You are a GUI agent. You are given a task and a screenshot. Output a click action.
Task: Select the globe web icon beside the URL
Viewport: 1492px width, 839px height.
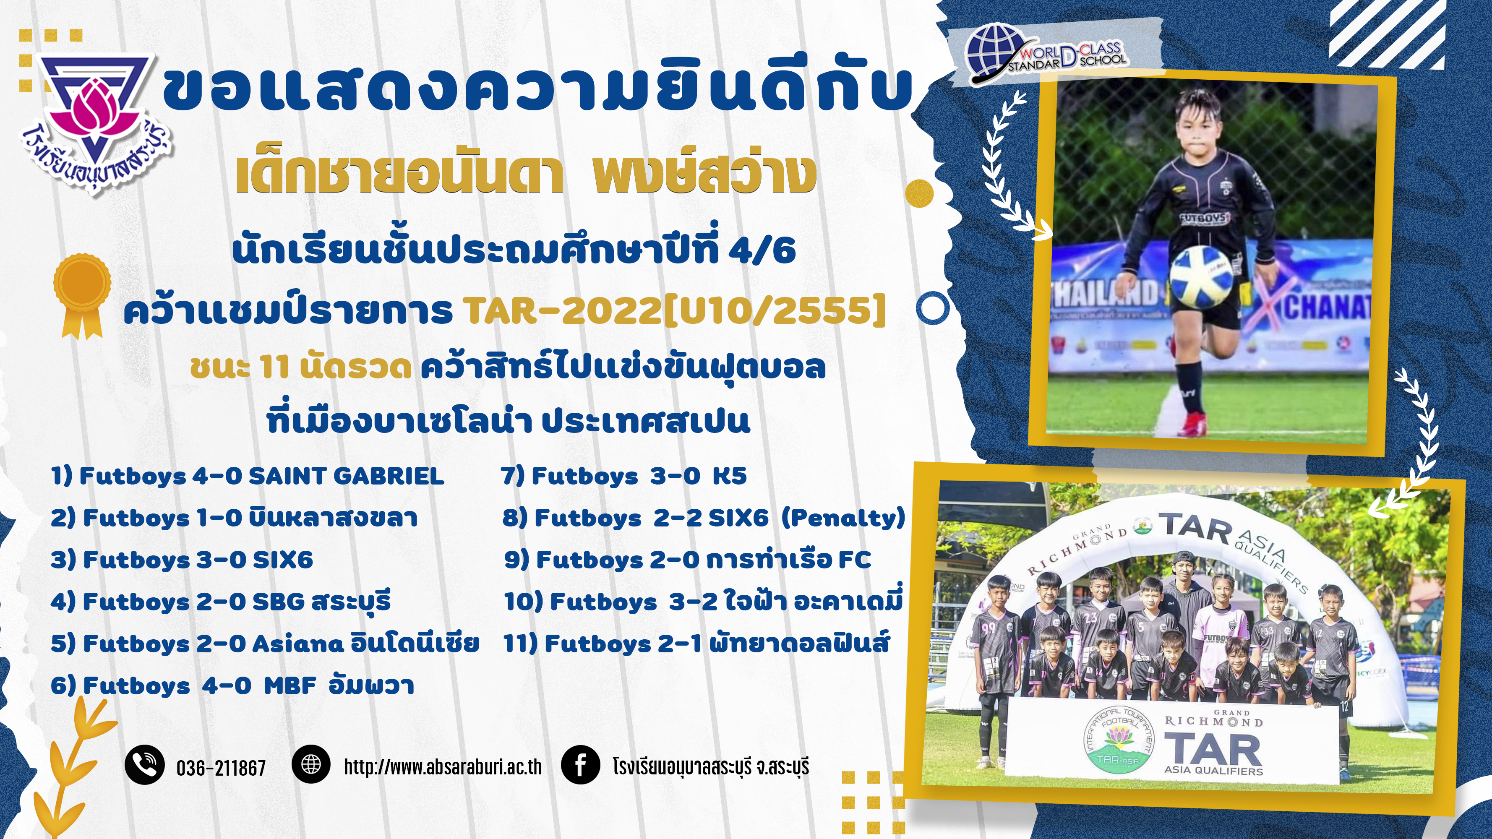[311, 764]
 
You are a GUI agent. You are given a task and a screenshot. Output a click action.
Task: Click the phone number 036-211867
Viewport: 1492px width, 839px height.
[221, 768]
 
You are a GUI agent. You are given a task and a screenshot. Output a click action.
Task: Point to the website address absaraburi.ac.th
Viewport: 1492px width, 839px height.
[443, 766]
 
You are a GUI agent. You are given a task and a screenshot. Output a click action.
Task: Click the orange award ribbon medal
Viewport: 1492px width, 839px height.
[82, 295]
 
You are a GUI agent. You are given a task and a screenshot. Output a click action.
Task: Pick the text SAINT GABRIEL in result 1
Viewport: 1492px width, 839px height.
[347, 476]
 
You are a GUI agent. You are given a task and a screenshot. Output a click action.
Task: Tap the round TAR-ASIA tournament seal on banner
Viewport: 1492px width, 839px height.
[1119, 742]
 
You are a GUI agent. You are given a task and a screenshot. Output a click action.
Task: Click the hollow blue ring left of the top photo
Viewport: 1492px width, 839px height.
[933, 309]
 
